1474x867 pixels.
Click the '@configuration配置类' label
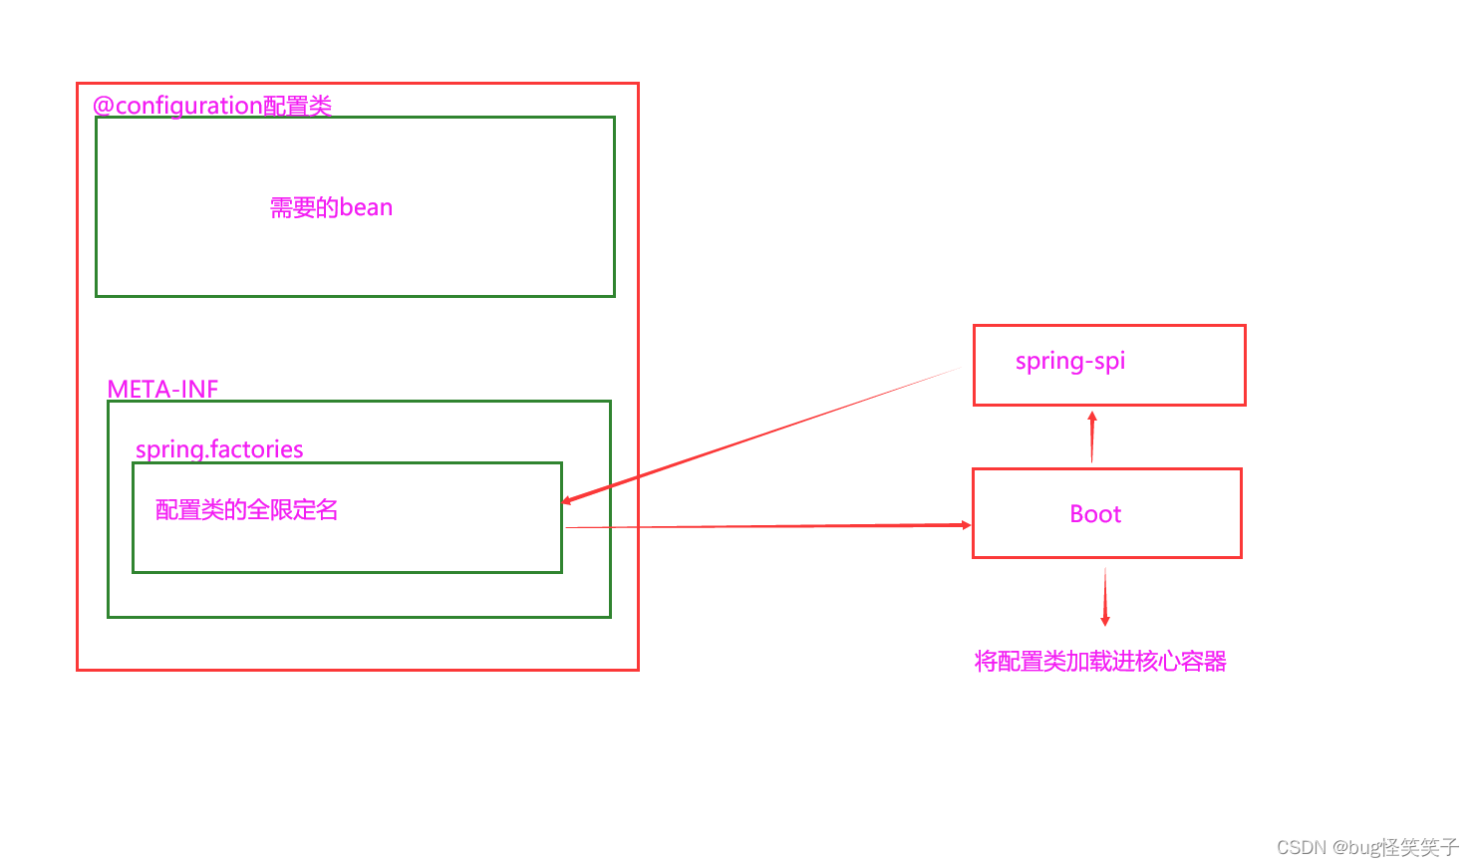coord(212,105)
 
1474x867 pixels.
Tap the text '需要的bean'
coord(331,207)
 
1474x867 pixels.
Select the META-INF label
coord(162,389)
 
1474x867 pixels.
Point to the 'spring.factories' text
coord(219,449)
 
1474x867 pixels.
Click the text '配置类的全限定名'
coord(246,510)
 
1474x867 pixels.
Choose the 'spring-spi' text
coord(1069,361)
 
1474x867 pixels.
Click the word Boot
coord(1095,514)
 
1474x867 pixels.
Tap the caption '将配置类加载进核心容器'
coord(1100,662)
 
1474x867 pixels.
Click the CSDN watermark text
coord(1367,847)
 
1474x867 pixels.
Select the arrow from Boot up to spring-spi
coord(1092,438)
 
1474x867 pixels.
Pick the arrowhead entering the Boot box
coord(965,524)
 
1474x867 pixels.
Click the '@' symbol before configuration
coord(103,106)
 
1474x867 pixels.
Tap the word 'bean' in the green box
coord(366,207)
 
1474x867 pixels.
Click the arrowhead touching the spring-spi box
coord(1092,418)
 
